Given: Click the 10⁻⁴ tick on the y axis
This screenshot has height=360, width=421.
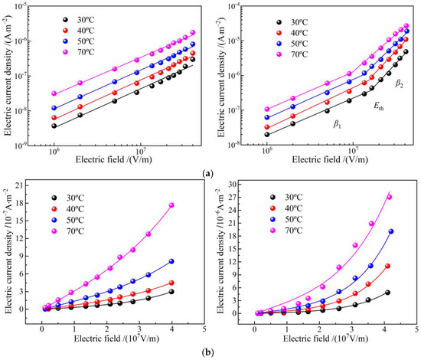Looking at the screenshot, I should coord(240,6).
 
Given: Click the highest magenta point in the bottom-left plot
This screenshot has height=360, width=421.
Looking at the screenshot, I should coord(171,205).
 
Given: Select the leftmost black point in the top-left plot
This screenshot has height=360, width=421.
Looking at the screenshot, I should coord(54,126).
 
